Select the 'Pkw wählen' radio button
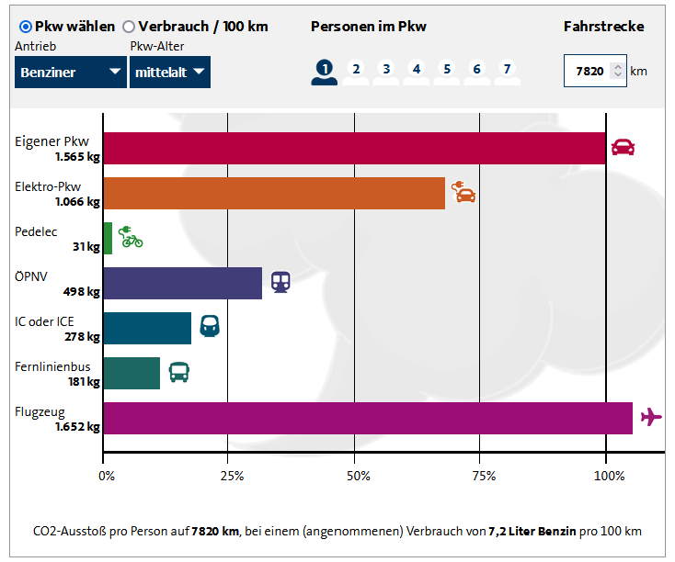tap(26, 27)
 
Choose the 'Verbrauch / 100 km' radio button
tap(128, 27)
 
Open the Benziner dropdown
tap(71, 72)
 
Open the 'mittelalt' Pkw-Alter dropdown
tap(170, 72)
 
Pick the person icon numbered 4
tap(417, 73)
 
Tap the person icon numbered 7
tap(507, 73)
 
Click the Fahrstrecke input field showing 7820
tap(595, 71)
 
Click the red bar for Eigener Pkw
tap(354, 149)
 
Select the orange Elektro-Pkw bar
tap(274, 193)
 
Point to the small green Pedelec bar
tap(108, 238)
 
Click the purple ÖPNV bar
tap(182, 284)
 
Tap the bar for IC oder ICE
tap(147, 328)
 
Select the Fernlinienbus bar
tap(132, 373)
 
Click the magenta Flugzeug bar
tap(368, 419)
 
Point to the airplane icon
tap(651, 417)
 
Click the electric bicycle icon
tap(131, 237)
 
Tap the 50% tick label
tap(358, 476)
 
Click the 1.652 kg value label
tap(77, 427)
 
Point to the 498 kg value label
tap(81, 291)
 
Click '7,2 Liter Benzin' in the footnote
tap(532, 532)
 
